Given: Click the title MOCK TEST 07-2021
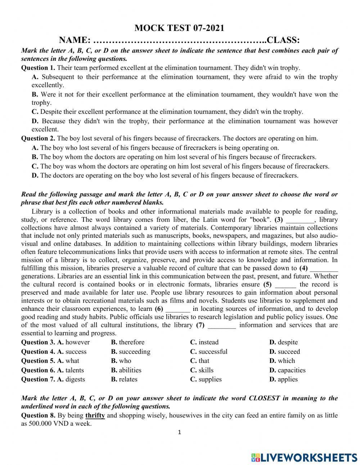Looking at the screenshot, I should tap(179, 28).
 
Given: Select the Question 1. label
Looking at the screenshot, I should tap(38, 68).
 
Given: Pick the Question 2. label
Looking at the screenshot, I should tap(38, 138).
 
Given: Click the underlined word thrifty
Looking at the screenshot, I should tap(95, 416).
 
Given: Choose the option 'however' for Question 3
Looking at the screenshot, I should tap(77, 342).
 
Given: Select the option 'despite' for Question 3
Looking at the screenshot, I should tap(288, 342).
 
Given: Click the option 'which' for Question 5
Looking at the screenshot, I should tap(286, 361).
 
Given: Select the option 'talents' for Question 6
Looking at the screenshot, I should tap(75, 370).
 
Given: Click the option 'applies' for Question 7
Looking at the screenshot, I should tap(288, 379).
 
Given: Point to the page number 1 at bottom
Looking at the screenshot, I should tap(179, 432).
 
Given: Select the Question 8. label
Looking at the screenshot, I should tap(38, 416).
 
